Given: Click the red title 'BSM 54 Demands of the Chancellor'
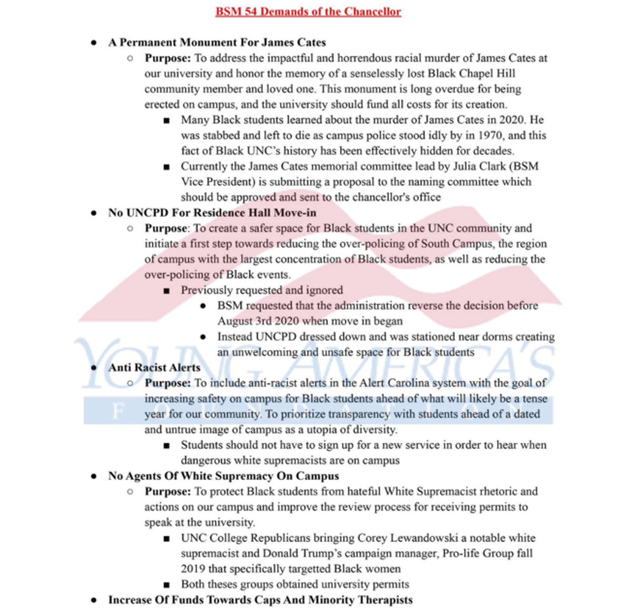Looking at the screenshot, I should (x=308, y=12).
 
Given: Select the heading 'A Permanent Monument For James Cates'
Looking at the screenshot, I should (x=217, y=42).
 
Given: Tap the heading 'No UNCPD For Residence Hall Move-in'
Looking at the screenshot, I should (x=212, y=213).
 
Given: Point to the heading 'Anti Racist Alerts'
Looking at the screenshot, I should (x=154, y=367).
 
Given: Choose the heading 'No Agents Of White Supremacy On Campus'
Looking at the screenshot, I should (x=223, y=476).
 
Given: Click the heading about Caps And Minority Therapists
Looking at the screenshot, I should (x=260, y=600).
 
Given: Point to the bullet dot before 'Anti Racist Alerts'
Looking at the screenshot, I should (x=94, y=367).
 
